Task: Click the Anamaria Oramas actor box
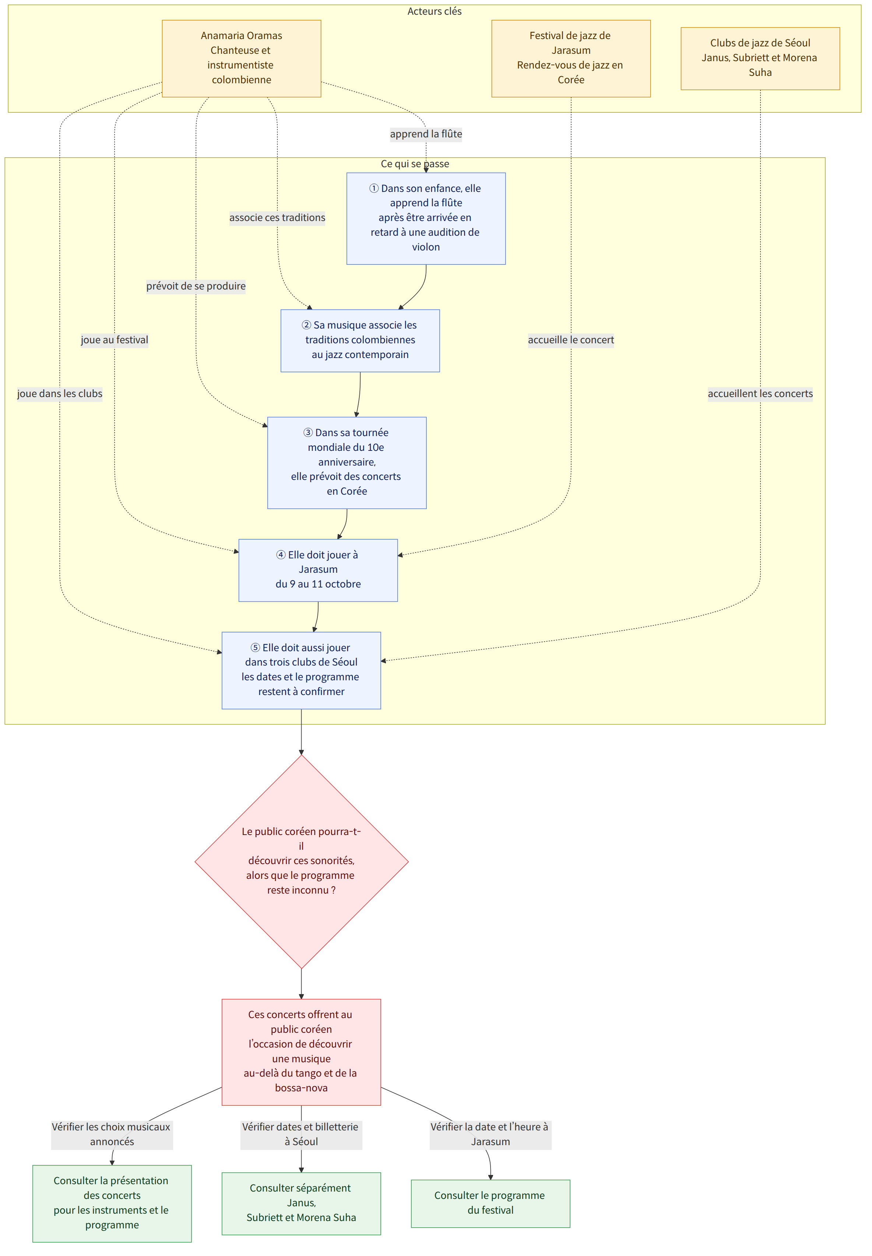coord(242,59)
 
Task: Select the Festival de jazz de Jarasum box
coord(571,59)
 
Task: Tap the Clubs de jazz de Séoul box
coord(760,59)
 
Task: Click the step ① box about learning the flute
coord(426,218)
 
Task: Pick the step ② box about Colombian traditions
coord(360,341)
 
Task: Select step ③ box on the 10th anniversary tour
coord(347,463)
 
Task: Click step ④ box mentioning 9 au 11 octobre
coord(318,571)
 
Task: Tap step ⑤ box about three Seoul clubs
coord(301,670)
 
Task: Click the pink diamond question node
coord(301,862)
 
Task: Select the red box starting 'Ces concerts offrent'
coord(301,1052)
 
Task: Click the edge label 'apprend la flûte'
coord(426,134)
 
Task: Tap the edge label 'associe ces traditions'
coord(277,217)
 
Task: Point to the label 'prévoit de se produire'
coord(196,286)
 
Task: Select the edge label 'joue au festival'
coord(114,340)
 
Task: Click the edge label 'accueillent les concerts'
coord(760,393)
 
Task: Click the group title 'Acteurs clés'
coord(435,11)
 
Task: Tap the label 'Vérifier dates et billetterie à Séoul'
coord(301,1134)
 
